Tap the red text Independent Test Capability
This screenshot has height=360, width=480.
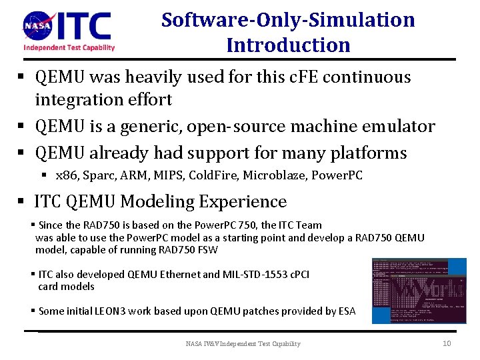click(69, 47)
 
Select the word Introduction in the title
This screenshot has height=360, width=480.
click(288, 45)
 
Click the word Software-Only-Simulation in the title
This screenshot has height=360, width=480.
click(288, 19)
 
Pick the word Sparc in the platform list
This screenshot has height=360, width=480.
click(97, 177)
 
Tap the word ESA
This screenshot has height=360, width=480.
click(346, 311)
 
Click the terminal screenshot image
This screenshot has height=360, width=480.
click(419, 291)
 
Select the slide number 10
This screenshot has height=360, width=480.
click(447, 343)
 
